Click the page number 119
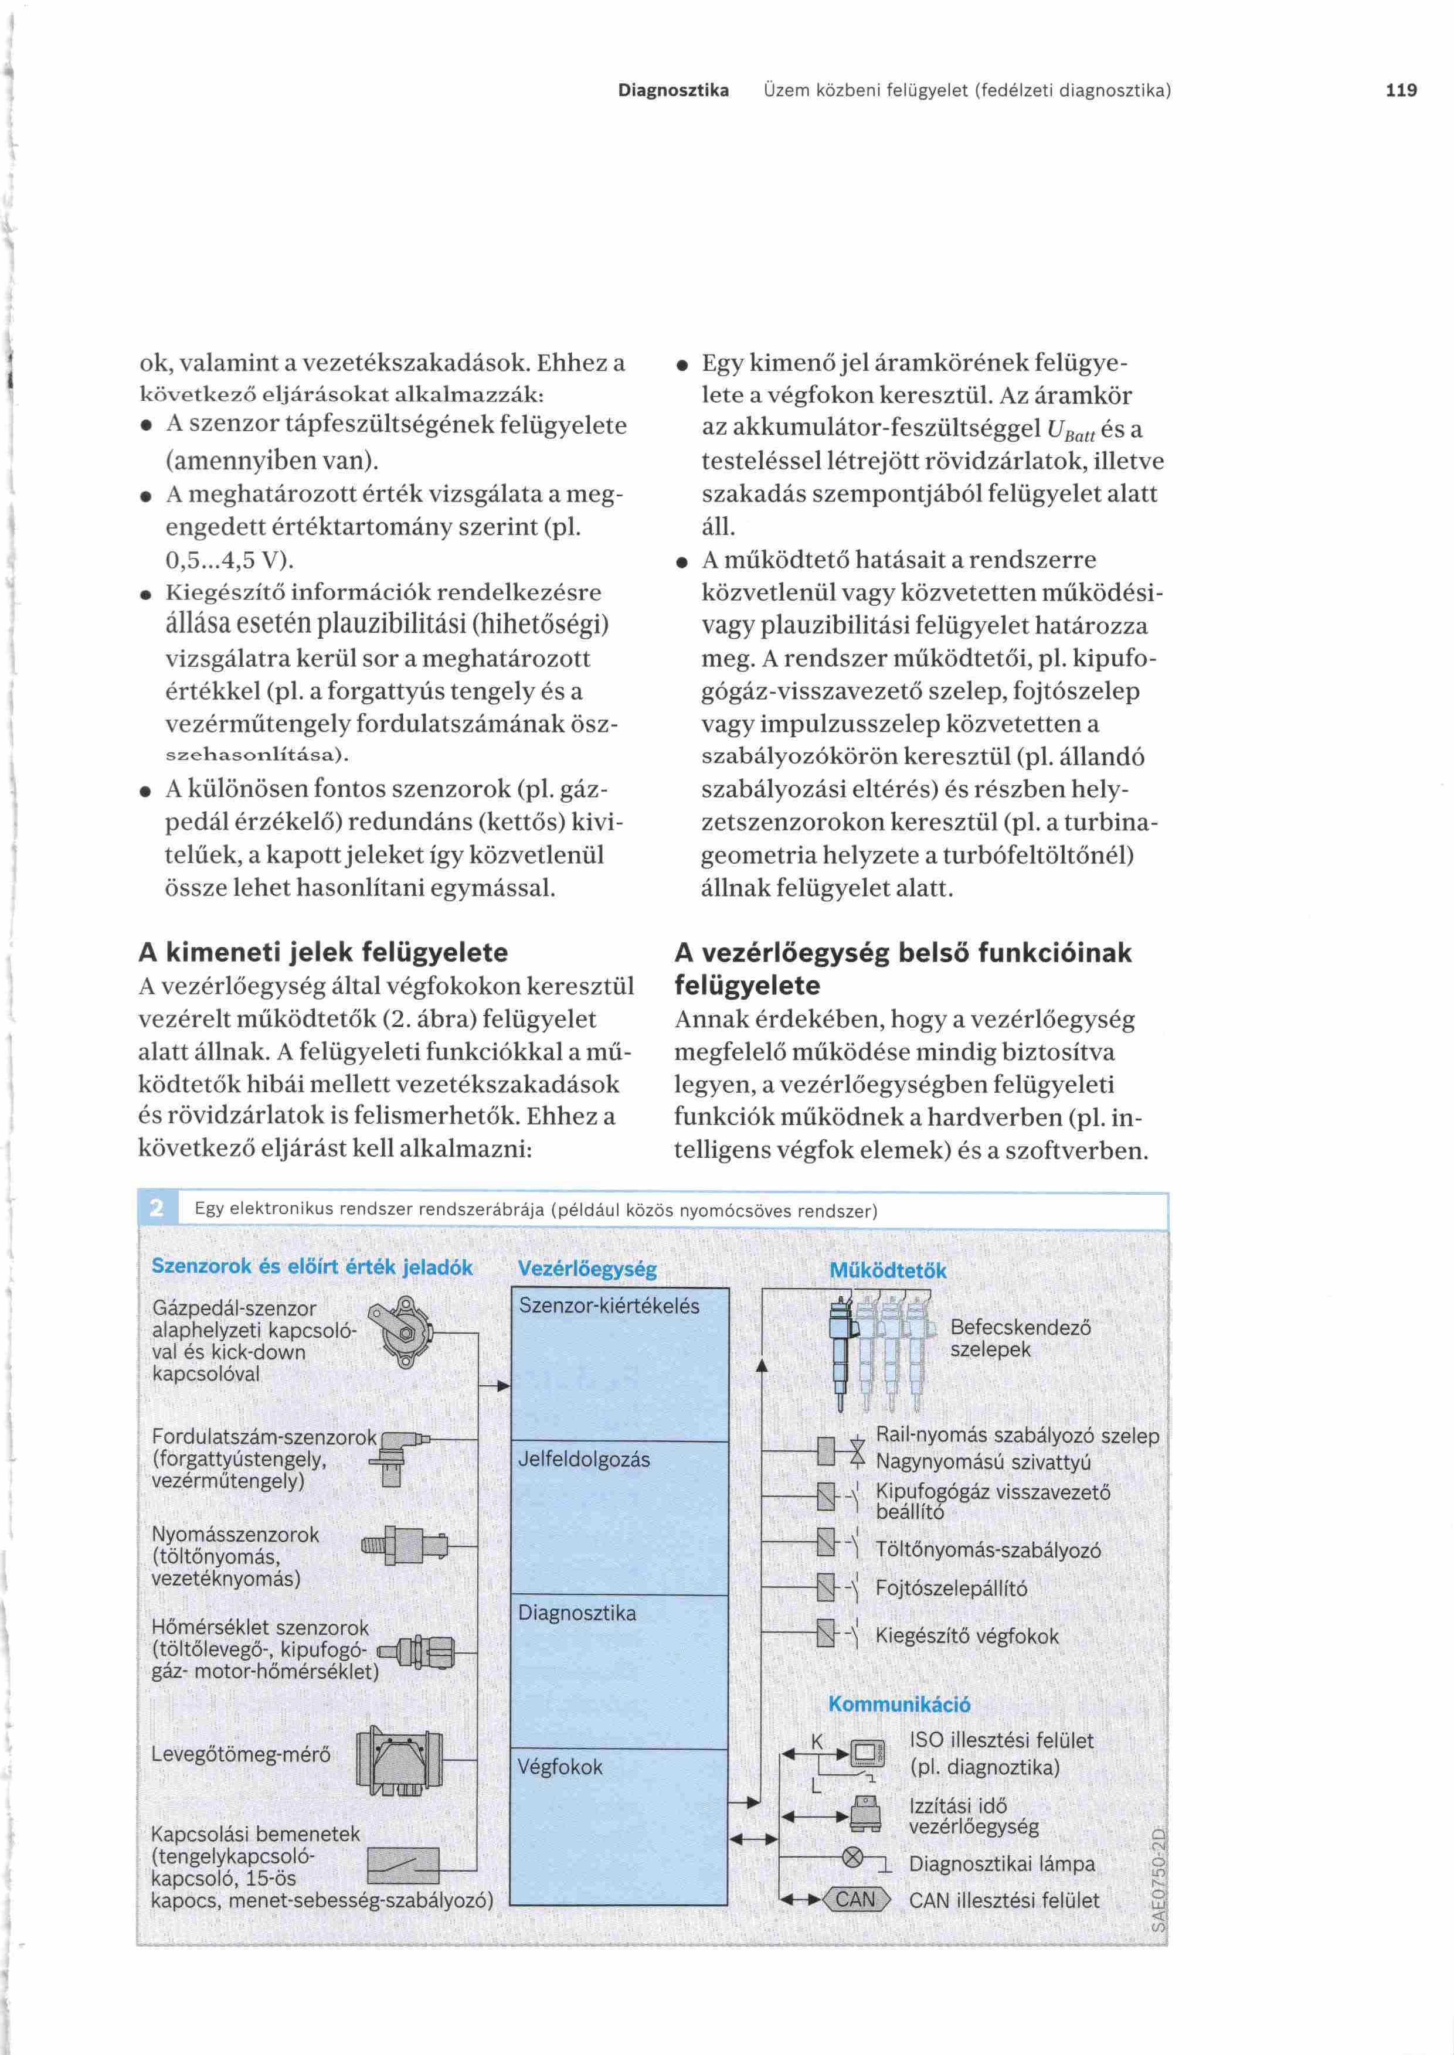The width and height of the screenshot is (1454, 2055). tap(1400, 90)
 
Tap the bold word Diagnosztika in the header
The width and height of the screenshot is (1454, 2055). tap(673, 90)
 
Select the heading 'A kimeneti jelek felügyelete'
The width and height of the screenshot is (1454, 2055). tap(323, 952)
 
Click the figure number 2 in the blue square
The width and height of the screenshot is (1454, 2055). tap(157, 1209)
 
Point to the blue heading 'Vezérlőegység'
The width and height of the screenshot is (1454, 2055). tap(587, 1269)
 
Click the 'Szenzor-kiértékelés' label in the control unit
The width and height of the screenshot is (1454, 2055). tap(609, 1306)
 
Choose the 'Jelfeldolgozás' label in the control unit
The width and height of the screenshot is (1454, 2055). tap(584, 1460)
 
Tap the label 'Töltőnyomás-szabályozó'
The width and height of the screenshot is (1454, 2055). tap(987, 1551)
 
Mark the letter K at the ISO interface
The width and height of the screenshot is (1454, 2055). tap(817, 1741)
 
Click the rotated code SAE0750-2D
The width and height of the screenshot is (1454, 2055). tap(1158, 1880)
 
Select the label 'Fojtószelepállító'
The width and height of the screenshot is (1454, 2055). tap(951, 1589)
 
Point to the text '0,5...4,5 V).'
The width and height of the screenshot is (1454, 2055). tap(230, 560)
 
